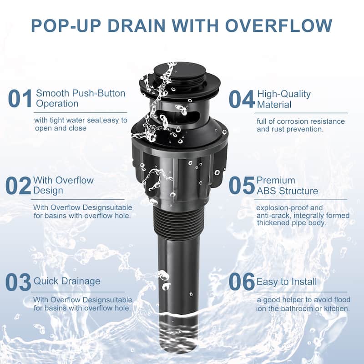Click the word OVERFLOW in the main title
[x=278, y=25]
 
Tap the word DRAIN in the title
[x=136, y=25]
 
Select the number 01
[x=20, y=99]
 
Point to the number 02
[x=18, y=186]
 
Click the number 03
[x=18, y=282]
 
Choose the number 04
[x=242, y=99]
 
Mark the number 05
[x=242, y=185]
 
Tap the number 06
[x=242, y=282]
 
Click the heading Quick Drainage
[x=67, y=281]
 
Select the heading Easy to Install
[x=287, y=282]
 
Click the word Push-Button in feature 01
[x=99, y=93]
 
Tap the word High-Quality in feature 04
[x=284, y=94]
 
